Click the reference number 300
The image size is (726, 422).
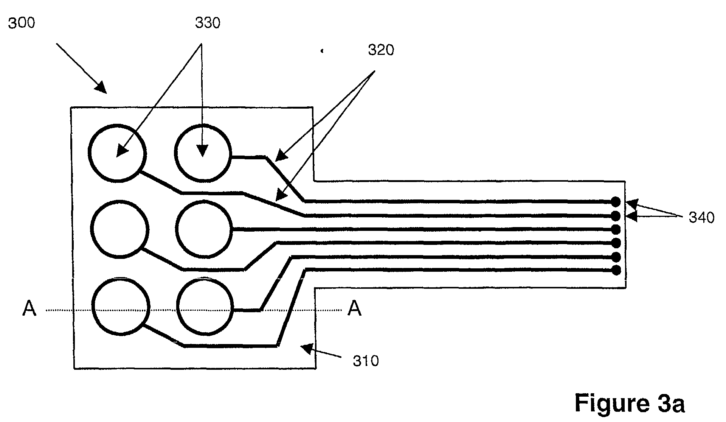point(22,23)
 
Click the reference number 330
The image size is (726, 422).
point(208,23)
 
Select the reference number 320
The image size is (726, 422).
point(381,50)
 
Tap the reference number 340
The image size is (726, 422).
point(701,218)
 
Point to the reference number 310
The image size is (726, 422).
point(366,361)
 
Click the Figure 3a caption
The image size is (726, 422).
point(630,403)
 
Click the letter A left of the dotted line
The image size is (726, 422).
point(29,308)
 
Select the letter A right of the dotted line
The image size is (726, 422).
point(354,308)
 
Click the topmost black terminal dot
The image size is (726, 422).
point(616,201)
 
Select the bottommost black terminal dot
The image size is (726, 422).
point(616,270)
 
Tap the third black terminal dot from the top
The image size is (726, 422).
point(616,229)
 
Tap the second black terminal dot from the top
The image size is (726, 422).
point(616,216)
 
